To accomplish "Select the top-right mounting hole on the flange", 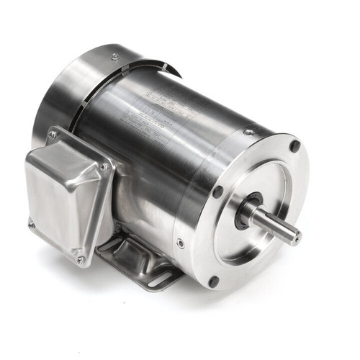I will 294,146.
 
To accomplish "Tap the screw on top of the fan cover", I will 114,56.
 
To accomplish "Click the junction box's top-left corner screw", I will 52,135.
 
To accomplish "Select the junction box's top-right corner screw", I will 104,167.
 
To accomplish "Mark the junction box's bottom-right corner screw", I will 81,260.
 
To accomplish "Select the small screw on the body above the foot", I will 179,243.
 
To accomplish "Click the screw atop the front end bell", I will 248,132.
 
